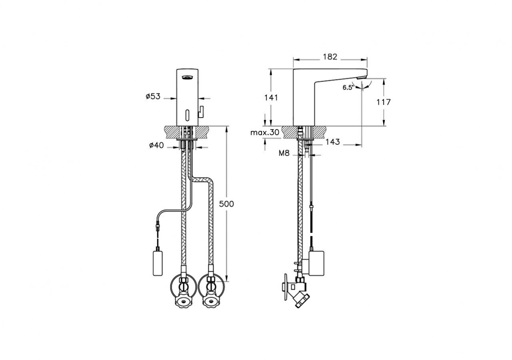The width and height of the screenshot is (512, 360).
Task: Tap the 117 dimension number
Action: (383, 102)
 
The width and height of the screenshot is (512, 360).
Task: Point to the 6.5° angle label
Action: (348, 88)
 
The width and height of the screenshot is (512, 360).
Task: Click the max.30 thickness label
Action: (265, 132)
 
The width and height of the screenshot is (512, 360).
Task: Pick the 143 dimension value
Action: (332, 142)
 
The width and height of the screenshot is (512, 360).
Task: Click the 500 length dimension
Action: (226, 204)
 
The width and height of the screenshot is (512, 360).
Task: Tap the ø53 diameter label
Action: (153, 96)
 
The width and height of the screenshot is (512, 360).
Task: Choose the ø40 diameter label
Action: (156, 146)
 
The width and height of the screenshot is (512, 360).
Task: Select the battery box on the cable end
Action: (158, 262)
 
